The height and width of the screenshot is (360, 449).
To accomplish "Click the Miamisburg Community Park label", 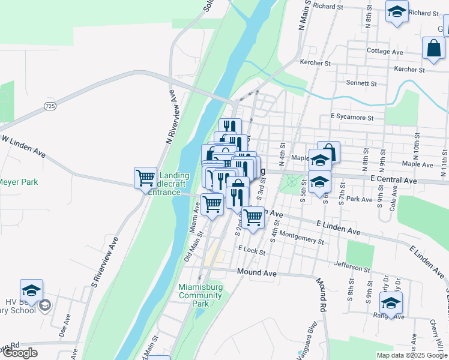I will click(200, 295).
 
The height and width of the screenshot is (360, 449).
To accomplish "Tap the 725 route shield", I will click(50, 106).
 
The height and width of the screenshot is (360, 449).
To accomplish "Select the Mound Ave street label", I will click(256, 273).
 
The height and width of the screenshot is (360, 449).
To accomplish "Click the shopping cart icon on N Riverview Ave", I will click(146, 178).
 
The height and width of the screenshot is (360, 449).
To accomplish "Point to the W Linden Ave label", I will click(25, 146).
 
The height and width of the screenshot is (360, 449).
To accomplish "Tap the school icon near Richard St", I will click(397, 12).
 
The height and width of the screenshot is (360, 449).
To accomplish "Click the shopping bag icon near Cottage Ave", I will click(433, 48).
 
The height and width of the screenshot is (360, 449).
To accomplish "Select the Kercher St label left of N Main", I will click(315, 63).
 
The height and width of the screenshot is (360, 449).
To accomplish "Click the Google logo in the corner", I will click(20, 353).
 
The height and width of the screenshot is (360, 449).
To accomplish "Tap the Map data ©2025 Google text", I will click(412, 355).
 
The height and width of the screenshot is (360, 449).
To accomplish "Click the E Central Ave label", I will click(393, 180).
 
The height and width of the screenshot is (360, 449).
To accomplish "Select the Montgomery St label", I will click(301, 238).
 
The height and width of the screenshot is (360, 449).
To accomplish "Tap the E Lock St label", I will click(252, 250).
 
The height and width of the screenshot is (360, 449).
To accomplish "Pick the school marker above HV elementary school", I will click(31, 291).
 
